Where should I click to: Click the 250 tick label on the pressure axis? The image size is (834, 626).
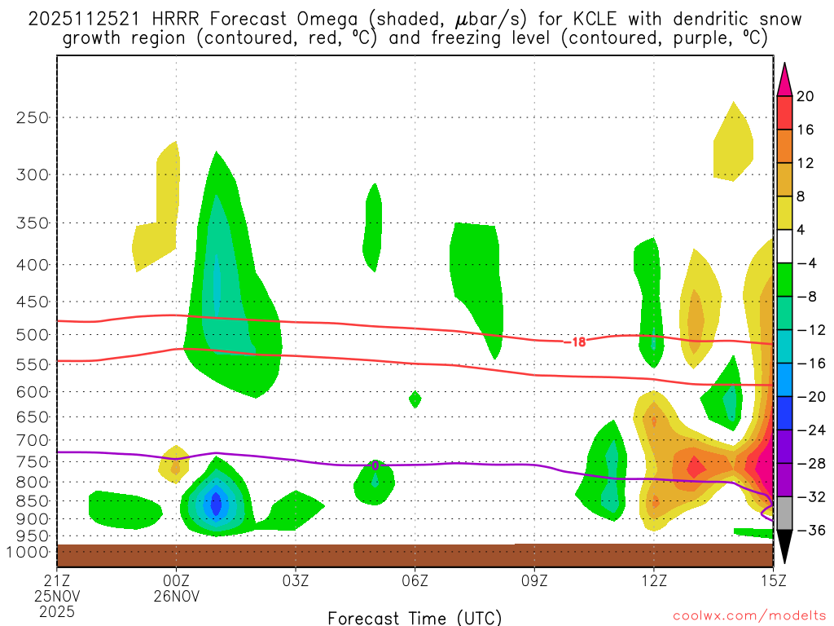(33, 117)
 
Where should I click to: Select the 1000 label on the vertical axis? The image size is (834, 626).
(29, 552)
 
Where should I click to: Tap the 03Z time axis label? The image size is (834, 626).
(295, 580)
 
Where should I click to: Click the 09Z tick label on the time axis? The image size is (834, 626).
(534, 580)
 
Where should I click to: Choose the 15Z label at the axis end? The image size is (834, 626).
(771, 580)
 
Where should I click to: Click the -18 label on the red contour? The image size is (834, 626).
(576, 342)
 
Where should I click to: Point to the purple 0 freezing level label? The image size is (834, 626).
(375, 465)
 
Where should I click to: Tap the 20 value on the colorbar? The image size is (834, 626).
(805, 96)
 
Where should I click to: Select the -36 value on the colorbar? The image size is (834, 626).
(809, 531)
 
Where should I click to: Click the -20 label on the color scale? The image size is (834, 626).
(809, 397)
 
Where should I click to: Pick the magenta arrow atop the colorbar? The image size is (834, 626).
(784, 78)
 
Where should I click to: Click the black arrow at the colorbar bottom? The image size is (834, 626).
(784, 548)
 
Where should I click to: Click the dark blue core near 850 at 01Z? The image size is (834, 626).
(216, 503)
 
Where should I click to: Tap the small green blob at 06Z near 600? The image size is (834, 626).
(415, 399)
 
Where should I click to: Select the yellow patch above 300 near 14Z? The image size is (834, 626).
(731, 144)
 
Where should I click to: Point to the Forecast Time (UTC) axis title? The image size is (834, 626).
(415, 617)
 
